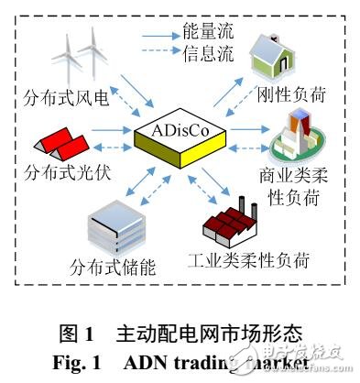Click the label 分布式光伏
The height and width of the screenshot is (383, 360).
pyautogui.click(x=66, y=170)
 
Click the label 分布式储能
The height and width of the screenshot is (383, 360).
pyautogui.click(x=112, y=268)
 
